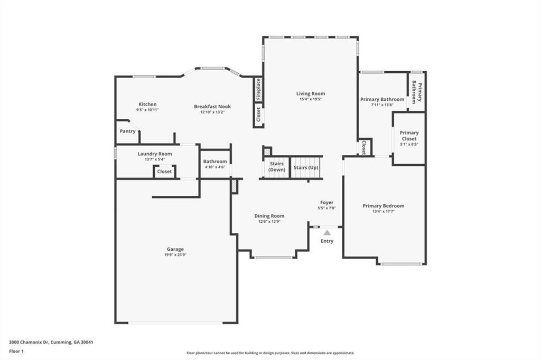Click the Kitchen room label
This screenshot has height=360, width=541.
147,105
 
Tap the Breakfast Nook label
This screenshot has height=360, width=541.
212,107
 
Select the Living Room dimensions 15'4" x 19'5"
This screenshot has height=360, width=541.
310,99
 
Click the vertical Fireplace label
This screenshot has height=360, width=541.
258,89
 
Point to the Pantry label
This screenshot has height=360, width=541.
127,131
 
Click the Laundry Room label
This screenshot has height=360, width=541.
155,154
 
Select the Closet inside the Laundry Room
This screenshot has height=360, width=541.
164,172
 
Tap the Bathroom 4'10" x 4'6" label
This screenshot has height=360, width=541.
215,162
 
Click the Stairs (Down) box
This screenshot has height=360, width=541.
277,167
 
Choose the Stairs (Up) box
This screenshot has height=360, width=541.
306,167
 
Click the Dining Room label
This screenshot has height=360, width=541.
269,216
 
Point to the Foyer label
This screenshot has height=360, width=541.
327,203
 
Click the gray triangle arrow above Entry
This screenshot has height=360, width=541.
327,232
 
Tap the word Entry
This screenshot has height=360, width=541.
327,241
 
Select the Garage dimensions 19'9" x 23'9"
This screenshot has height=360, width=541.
175,254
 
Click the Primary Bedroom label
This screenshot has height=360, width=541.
384,206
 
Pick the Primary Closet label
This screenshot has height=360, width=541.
409,136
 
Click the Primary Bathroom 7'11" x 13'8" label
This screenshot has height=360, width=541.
382,102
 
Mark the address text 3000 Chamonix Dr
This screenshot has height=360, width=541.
31,342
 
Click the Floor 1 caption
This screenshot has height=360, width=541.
16,351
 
